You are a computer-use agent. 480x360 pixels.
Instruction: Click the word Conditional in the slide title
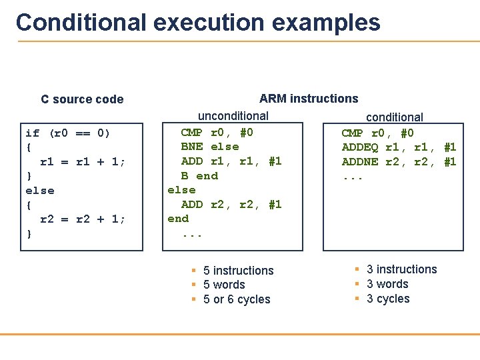81,23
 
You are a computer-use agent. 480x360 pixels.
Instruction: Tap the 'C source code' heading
82,99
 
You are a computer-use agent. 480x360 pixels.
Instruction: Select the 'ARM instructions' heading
309,99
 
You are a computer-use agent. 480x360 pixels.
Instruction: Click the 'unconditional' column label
233,116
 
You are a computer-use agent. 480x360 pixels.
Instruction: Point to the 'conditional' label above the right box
395,117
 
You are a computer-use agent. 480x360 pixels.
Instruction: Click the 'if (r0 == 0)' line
67,133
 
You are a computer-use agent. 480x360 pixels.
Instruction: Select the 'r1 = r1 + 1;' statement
83,161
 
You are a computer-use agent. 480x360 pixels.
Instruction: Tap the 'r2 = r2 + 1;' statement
83,219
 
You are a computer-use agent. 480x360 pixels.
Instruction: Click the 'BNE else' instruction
209,147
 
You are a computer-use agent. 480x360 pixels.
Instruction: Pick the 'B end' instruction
199,176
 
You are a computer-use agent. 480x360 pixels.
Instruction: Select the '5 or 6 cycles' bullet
237,299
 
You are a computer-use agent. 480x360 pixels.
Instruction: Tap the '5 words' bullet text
224,285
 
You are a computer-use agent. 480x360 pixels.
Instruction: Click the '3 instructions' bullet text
402,269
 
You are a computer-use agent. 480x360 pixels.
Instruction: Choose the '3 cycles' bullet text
388,299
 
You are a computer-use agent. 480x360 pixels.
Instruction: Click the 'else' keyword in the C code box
40,190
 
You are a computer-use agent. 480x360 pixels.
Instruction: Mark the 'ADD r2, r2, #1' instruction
231,205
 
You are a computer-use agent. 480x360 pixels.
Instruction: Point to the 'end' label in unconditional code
178,219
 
